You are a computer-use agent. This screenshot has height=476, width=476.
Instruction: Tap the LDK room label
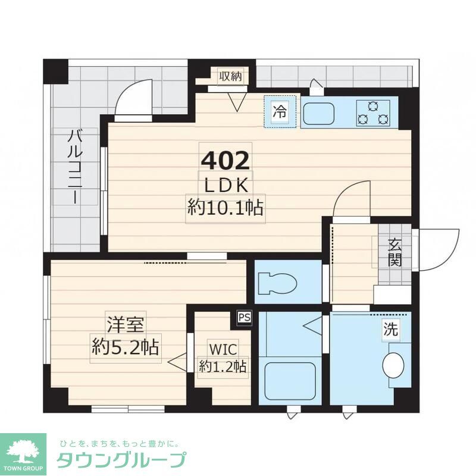pyautogui.click(x=226, y=186)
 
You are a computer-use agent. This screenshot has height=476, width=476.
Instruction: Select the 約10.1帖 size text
pyautogui.click(x=226, y=208)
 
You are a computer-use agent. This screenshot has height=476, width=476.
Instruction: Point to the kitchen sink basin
pyautogui.click(x=320, y=112)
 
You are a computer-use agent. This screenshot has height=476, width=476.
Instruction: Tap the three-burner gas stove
pyautogui.click(x=373, y=112)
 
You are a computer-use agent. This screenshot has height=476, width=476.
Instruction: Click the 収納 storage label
pyautogui.click(x=230, y=76)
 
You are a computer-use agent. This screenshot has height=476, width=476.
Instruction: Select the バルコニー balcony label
pyautogui.click(x=74, y=167)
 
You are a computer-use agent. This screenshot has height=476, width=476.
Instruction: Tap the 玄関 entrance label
pyautogui.click(x=394, y=252)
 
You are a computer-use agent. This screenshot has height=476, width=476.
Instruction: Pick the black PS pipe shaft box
pyautogui.click(x=245, y=317)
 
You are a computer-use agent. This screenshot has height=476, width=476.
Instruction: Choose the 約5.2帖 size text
pyautogui.click(x=127, y=346)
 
